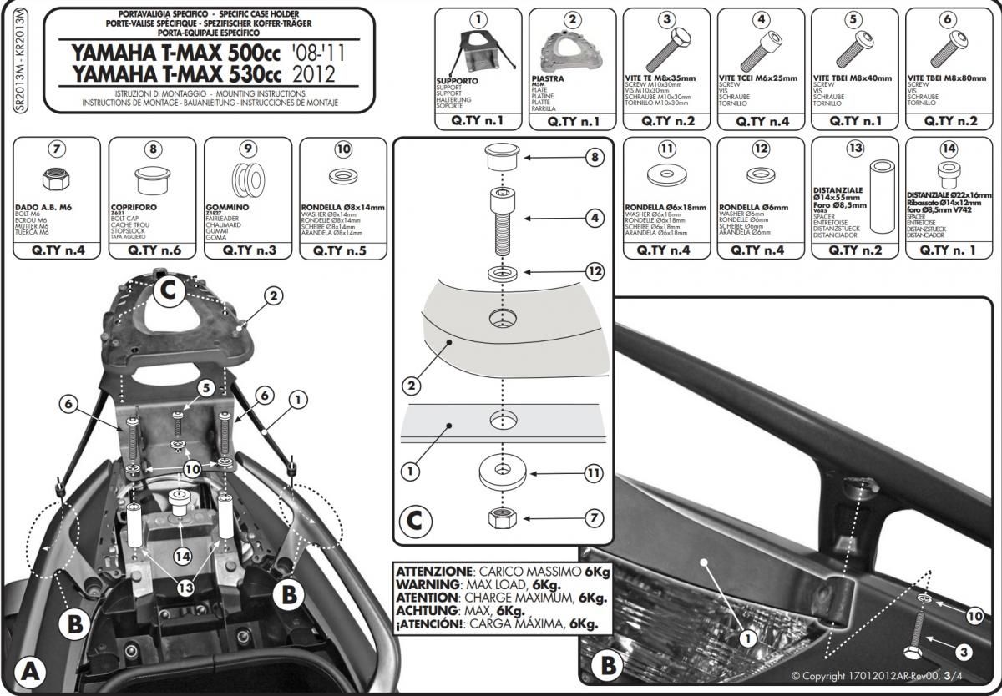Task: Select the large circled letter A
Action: coord(28,669)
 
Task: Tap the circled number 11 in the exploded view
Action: coord(594,473)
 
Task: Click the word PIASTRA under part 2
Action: coord(547,78)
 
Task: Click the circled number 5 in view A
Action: coord(205,388)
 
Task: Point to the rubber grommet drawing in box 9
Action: coord(246,179)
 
